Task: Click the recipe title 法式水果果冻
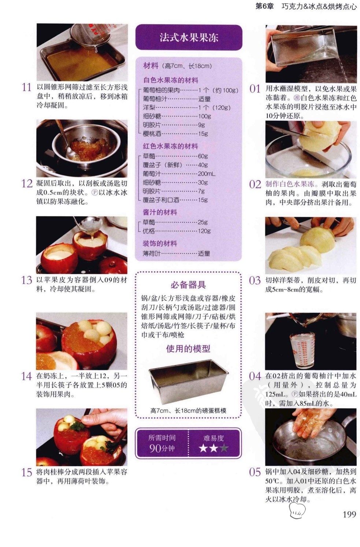(189, 38)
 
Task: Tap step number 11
(27, 87)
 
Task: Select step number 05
(255, 472)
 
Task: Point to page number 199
(349, 515)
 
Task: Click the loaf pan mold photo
(188, 382)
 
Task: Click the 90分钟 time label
(162, 449)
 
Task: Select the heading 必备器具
(188, 285)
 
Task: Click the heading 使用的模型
(188, 349)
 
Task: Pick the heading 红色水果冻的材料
(170, 146)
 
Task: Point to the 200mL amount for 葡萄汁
(207, 174)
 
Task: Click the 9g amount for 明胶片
(201, 125)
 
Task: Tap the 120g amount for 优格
(204, 231)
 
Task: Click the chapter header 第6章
(264, 6)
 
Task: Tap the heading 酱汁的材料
(160, 212)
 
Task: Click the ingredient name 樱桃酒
(152, 134)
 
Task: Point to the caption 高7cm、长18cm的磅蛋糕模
(188, 410)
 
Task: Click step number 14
(27, 376)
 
